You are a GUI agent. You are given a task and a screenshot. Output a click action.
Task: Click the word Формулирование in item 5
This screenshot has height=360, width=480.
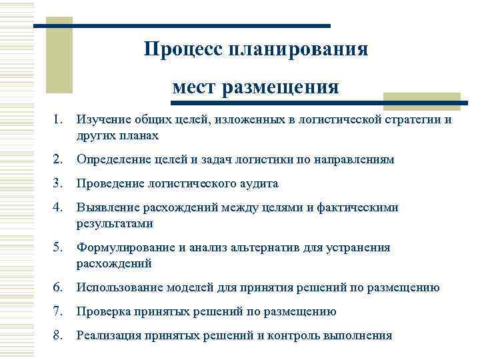tap(125, 247)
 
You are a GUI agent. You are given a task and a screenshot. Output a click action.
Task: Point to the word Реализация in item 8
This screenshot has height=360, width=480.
tap(107, 335)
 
